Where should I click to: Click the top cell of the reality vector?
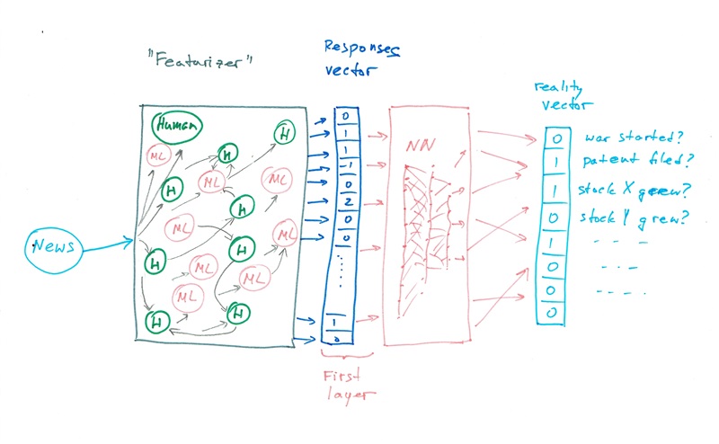click(556, 139)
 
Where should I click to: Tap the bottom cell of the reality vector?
click(556, 313)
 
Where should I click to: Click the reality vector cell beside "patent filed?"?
click(556, 164)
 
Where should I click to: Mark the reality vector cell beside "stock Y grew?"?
click(556, 218)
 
